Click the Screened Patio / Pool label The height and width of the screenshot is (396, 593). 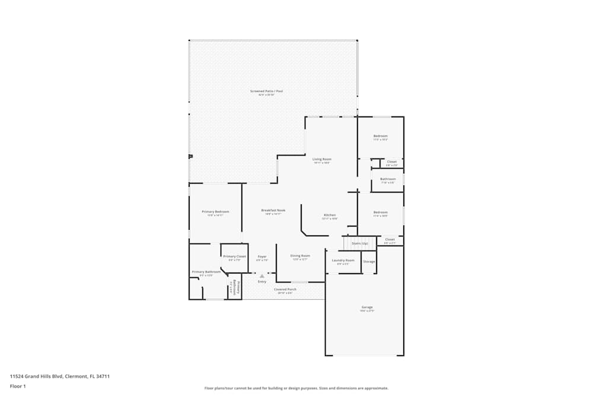(x=266, y=91)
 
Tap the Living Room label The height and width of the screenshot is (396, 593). (x=322, y=159)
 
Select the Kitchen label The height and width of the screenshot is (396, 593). (x=330, y=215)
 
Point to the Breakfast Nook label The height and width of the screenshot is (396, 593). (x=273, y=210)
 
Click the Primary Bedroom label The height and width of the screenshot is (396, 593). (x=215, y=212)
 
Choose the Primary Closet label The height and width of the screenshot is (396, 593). (x=234, y=256)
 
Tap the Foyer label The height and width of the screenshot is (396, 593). (x=262, y=256)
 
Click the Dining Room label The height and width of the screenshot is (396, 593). (x=300, y=256)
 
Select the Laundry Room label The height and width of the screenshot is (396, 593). (x=343, y=261)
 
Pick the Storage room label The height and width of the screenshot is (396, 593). (x=369, y=262)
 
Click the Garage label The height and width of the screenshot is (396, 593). (x=367, y=307)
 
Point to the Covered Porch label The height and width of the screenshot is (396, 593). (x=285, y=290)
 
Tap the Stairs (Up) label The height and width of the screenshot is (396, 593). (x=360, y=243)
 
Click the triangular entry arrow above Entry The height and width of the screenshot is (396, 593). (x=262, y=276)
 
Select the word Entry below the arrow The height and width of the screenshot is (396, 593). (x=262, y=281)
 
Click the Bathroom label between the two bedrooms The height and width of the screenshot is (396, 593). (x=388, y=179)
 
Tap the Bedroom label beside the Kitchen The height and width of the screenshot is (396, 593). (x=380, y=213)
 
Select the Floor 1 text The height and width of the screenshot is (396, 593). (x=18, y=386)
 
